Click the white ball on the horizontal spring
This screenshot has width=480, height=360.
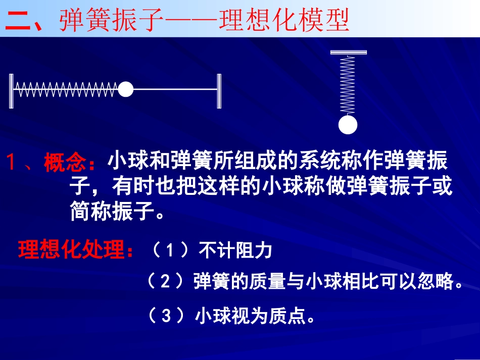[125, 89]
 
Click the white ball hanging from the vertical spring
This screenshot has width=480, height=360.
[348, 125]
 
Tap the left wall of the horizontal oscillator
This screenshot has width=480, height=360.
[11, 90]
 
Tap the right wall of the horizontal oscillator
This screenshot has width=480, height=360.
[219, 90]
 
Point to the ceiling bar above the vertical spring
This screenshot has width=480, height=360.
[348, 52]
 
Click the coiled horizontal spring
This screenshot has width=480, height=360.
[66, 90]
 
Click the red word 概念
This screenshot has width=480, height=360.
[66, 164]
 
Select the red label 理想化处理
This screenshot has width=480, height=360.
[72, 250]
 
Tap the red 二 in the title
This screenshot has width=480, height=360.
[18, 21]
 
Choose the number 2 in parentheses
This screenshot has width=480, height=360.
[165, 282]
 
